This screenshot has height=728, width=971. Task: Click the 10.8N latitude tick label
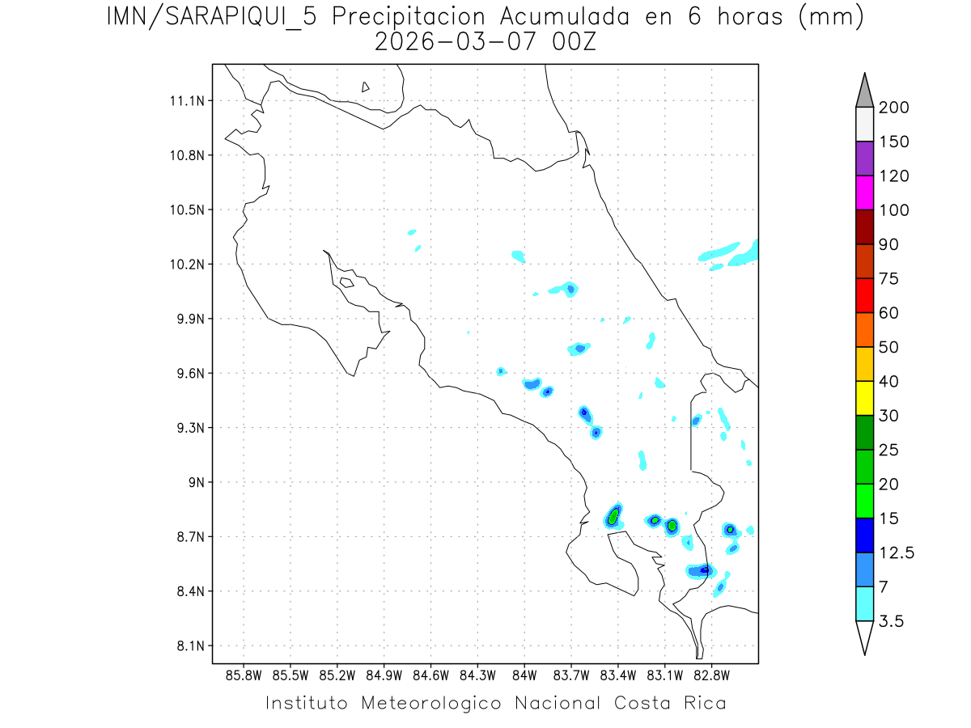tap(185, 155)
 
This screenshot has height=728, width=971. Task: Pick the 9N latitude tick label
tap(194, 483)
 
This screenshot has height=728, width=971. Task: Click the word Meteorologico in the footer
tap(433, 703)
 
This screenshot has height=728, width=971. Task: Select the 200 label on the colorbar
tap(893, 108)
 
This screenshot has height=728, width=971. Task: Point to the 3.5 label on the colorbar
tap(891, 621)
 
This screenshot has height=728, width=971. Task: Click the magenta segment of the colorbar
tap(864, 193)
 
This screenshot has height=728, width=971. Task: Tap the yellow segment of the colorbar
tap(864, 397)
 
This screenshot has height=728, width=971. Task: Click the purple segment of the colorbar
tap(864, 159)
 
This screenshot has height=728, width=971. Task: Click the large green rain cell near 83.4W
tap(614, 515)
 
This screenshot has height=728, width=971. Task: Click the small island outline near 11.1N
tap(366, 87)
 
